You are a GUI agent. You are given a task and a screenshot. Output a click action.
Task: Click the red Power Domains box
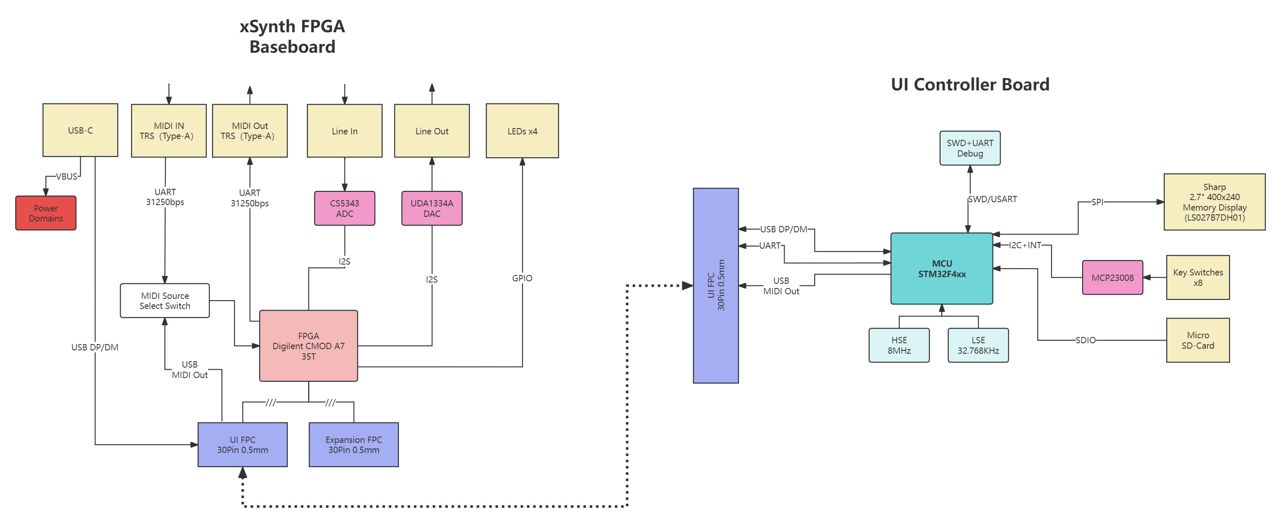[46, 213]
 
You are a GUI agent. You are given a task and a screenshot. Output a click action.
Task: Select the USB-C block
[80, 130]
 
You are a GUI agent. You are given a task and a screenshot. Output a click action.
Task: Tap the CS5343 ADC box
[344, 208]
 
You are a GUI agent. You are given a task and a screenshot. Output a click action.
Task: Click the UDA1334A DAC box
[432, 208]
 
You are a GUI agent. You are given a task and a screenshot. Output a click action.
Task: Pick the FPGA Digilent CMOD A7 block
[308, 346]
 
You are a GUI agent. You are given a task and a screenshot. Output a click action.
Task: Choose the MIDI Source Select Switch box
[165, 301]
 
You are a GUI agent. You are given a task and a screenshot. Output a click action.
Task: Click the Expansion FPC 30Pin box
[354, 445]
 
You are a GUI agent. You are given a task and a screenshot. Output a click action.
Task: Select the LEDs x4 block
[522, 131]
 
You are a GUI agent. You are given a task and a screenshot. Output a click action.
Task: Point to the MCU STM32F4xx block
[941, 268]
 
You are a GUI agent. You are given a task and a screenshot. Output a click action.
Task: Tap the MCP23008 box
[1112, 278]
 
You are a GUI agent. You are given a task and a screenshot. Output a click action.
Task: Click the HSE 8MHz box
[899, 345]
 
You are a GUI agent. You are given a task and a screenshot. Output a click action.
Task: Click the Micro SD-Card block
[1197, 340]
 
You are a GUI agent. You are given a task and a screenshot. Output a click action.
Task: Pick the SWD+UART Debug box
[970, 148]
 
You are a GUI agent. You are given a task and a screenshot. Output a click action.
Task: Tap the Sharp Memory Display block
[1214, 202]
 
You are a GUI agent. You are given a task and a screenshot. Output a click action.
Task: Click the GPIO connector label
[522, 278]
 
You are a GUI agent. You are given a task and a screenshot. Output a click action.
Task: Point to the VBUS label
[67, 177]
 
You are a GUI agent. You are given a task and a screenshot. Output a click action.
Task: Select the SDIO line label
[1085, 340]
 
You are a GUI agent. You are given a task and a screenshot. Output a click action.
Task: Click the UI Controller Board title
[970, 85]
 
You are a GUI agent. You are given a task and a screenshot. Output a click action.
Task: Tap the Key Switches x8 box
[1197, 278]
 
